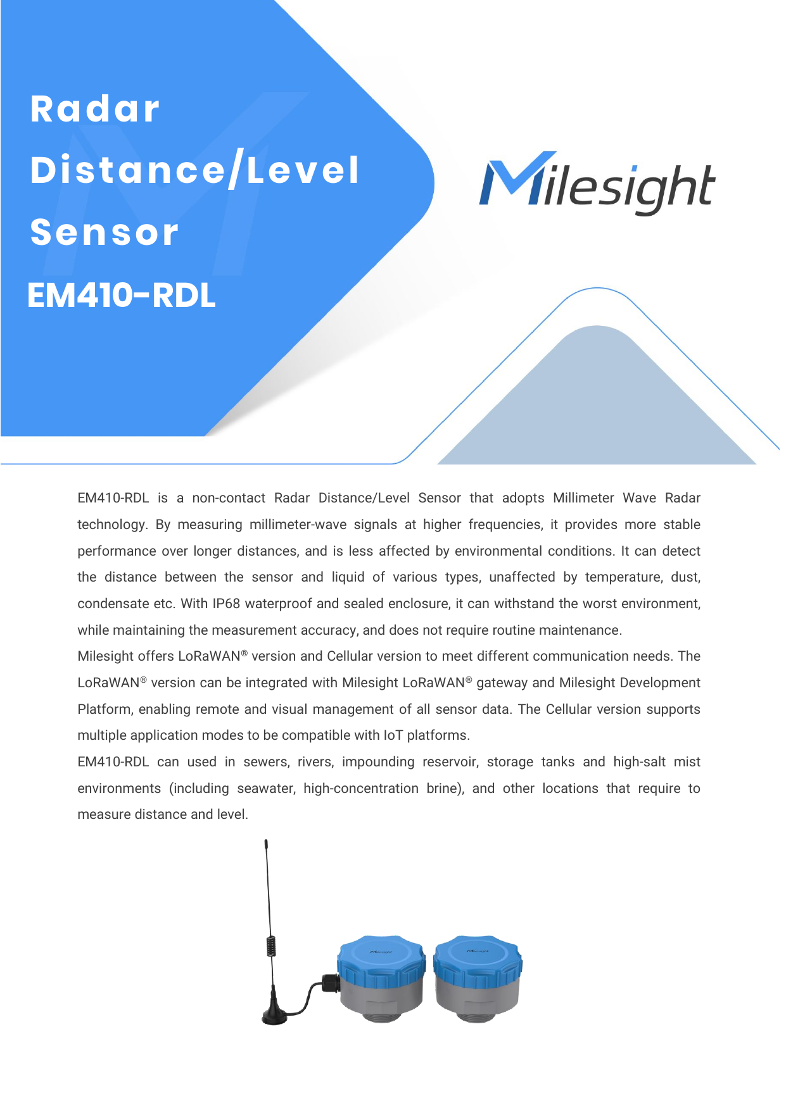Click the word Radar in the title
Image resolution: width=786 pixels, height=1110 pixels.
[95, 109]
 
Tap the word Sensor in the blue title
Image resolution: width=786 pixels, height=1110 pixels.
[105, 232]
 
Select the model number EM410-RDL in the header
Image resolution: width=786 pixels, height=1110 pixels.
[122, 295]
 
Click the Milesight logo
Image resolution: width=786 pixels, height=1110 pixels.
[597, 183]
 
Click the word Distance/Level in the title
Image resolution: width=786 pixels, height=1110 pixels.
[195, 170]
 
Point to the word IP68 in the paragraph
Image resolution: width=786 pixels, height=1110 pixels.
[226, 604]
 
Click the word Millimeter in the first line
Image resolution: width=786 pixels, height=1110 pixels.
[583, 498]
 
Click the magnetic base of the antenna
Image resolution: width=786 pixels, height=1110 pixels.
[275, 1016]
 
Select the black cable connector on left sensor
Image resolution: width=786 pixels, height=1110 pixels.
[329, 983]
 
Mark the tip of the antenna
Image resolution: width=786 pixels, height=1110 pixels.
[265, 843]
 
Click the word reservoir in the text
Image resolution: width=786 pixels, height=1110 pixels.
[450, 762]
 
